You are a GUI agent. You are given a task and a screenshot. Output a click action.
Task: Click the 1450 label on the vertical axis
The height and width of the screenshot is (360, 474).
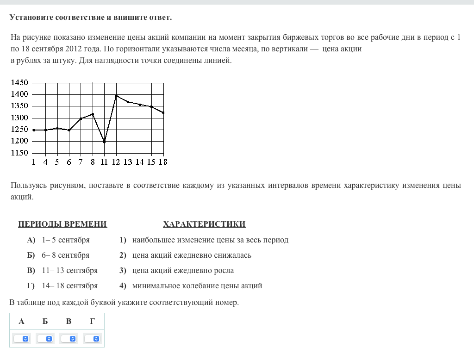tap(19, 83)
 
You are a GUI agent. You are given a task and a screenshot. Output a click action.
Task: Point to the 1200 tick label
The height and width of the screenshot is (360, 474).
tap(19, 141)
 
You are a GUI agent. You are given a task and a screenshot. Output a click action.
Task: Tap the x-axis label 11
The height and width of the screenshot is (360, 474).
tap(104, 162)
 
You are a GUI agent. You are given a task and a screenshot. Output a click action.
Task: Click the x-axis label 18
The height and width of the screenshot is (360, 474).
tap(162, 162)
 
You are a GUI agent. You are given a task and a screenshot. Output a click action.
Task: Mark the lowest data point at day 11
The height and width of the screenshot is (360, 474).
tap(104, 142)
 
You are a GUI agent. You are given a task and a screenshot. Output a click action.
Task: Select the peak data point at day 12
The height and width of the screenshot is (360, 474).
tap(116, 96)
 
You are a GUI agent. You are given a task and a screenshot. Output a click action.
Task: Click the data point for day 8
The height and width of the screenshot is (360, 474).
tap(93, 114)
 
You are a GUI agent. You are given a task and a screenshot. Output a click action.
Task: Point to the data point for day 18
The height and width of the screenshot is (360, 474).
tap(163, 112)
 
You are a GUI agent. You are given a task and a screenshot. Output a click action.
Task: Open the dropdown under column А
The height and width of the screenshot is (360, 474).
tap(21, 339)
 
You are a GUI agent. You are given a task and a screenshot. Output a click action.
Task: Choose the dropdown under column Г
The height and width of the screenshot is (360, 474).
tap(92, 339)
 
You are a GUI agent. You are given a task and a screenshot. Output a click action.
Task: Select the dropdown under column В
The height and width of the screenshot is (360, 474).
tap(69, 339)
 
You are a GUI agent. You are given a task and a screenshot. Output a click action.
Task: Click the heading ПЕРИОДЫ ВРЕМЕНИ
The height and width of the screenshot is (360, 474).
tap(62, 224)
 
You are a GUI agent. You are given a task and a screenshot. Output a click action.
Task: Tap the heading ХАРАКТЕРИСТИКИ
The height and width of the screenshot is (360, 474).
tap(204, 224)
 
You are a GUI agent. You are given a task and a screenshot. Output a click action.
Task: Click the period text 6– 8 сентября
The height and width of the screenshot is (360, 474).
tap(65, 255)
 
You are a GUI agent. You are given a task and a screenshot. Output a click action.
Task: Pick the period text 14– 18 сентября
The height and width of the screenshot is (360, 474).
tap(69, 286)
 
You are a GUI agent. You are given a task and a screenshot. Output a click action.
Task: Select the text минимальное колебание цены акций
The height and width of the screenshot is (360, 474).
tap(197, 286)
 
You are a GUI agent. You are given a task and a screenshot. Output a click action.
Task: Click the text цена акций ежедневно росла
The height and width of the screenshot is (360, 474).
tap(183, 270)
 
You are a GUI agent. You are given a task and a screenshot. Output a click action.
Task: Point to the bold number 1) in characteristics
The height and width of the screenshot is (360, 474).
tap(123, 240)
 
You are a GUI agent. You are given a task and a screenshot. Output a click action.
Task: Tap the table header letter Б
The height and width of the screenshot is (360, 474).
tap(45, 321)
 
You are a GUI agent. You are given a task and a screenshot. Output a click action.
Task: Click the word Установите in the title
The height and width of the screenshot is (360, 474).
tap(31, 18)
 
